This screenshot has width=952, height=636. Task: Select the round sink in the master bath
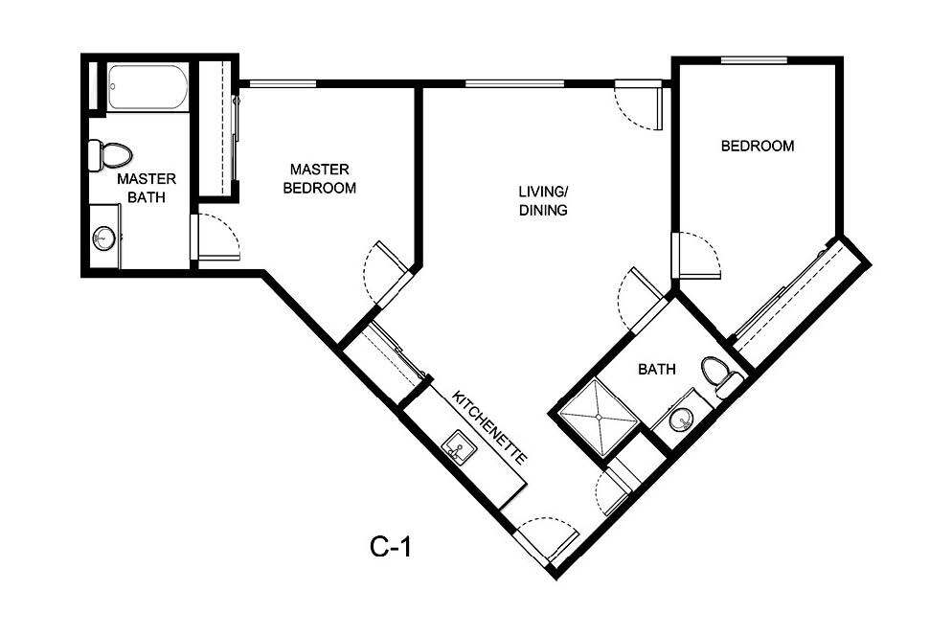click(x=103, y=237)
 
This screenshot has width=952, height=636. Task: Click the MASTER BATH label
click(x=147, y=189)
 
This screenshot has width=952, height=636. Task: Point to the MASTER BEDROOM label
click(x=320, y=178)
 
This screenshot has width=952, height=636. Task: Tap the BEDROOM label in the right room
click(x=757, y=147)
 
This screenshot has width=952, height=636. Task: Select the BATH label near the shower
click(x=657, y=368)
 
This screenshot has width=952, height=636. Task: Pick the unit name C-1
click(x=391, y=547)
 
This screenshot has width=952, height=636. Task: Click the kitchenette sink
click(x=459, y=446)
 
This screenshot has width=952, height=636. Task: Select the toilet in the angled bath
click(x=720, y=375)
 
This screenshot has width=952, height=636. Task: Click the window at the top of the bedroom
click(x=754, y=60)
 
